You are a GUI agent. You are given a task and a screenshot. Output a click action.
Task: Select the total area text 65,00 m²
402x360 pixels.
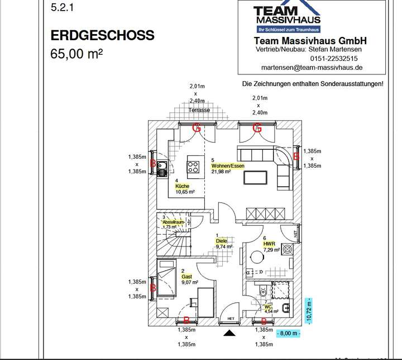(x=76, y=55)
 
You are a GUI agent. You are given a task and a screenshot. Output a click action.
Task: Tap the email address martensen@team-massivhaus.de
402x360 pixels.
(x=312, y=67)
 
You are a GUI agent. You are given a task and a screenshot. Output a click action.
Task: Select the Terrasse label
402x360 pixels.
(x=199, y=110)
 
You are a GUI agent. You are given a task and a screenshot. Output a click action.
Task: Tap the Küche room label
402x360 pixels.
(x=182, y=186)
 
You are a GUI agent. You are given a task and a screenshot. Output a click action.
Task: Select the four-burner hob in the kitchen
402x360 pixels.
(x=194, y=166)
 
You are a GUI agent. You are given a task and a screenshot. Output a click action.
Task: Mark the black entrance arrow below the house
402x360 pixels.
(x=229, y=334)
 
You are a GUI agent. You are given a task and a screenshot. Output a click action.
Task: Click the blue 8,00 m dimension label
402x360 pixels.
(x=288, y=334)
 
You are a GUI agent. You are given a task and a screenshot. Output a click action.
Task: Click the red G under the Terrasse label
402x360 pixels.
(x=196, y=128)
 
